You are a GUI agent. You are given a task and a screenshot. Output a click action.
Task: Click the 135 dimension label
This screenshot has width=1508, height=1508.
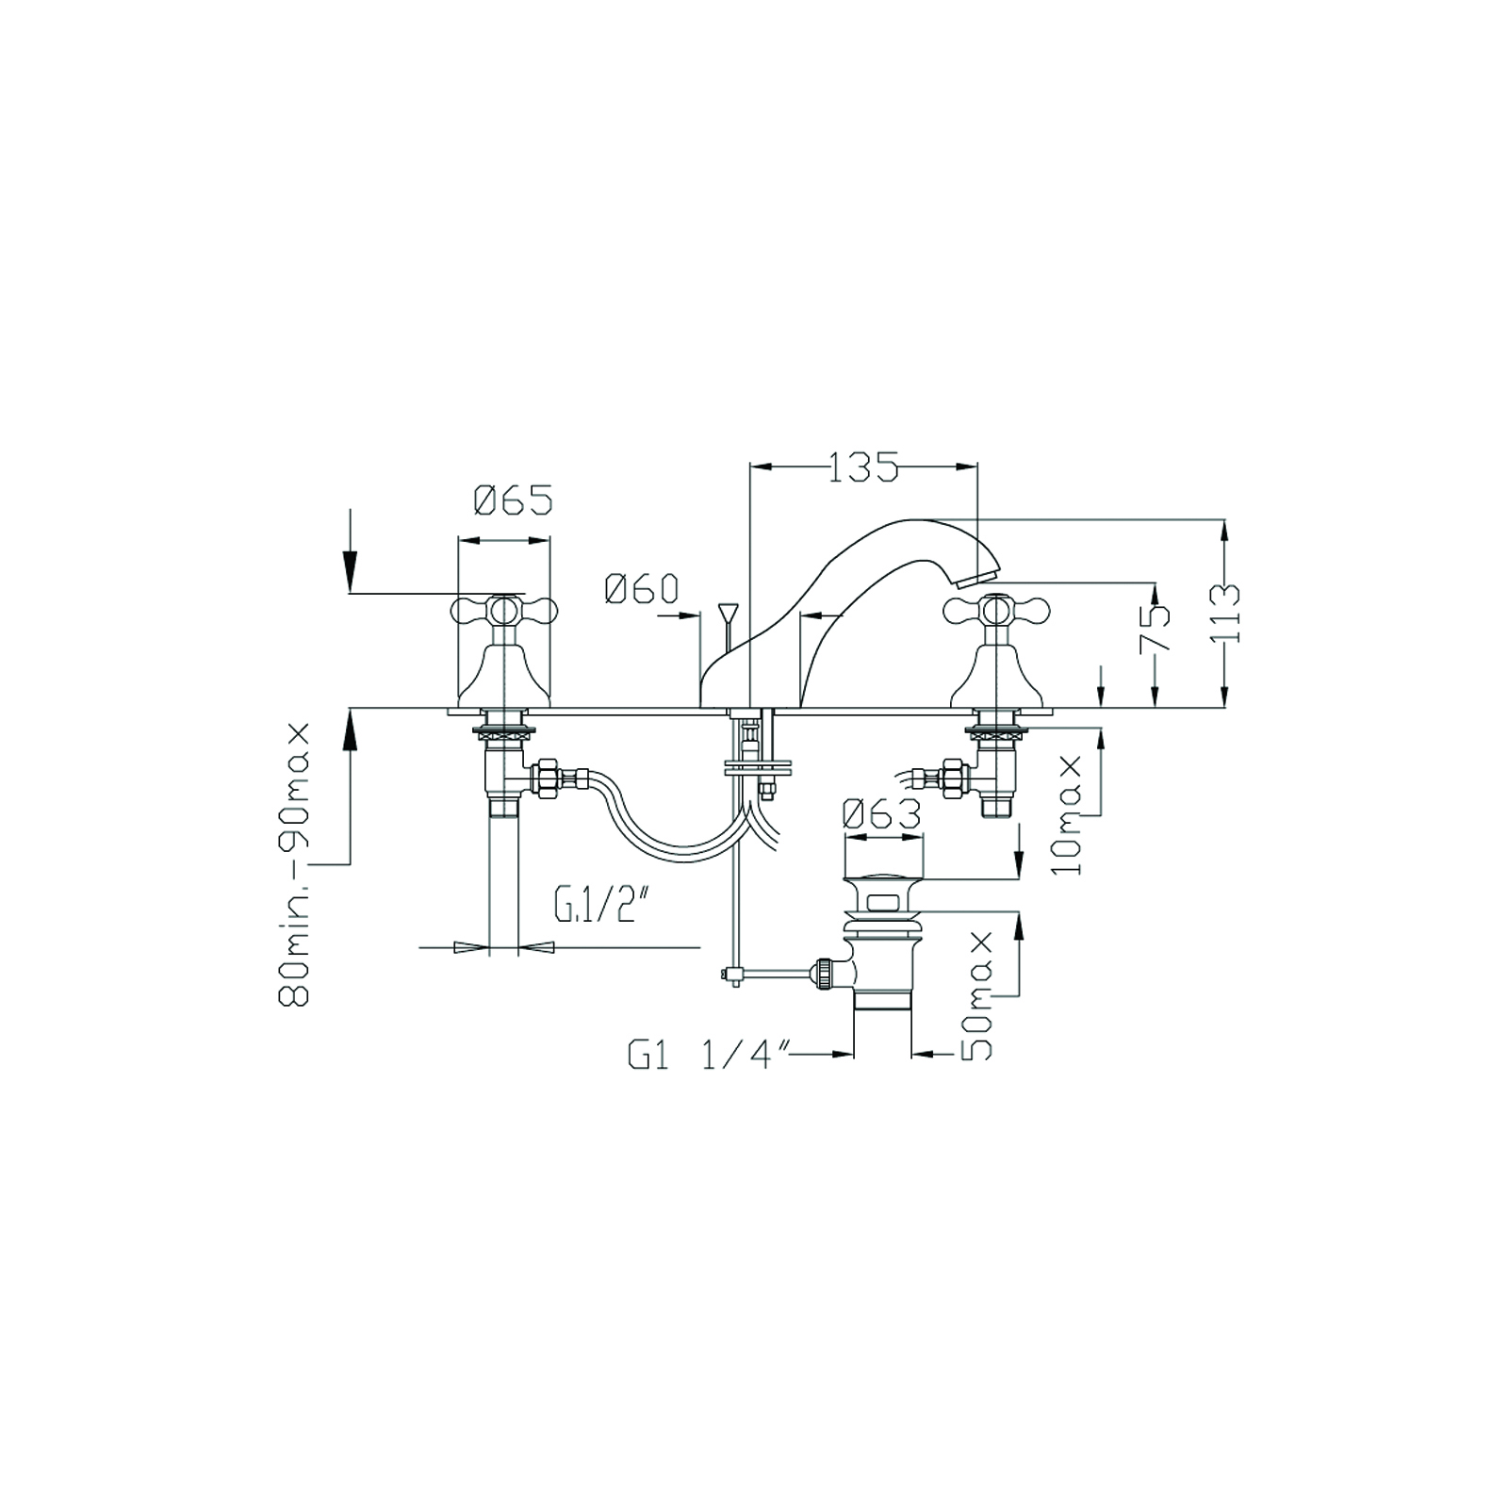862,467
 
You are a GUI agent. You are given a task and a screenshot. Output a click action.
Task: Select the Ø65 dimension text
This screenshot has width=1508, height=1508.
513,500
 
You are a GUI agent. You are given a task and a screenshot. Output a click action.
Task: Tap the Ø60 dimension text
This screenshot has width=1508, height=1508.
641,590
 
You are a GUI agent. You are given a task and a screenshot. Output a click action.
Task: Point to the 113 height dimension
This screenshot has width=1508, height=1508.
1228,613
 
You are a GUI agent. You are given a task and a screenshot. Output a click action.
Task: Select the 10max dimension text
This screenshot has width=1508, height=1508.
1069,813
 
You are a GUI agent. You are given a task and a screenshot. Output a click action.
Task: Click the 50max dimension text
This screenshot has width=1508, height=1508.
979,996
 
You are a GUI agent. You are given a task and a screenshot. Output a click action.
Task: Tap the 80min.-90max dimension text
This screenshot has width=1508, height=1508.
295,865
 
